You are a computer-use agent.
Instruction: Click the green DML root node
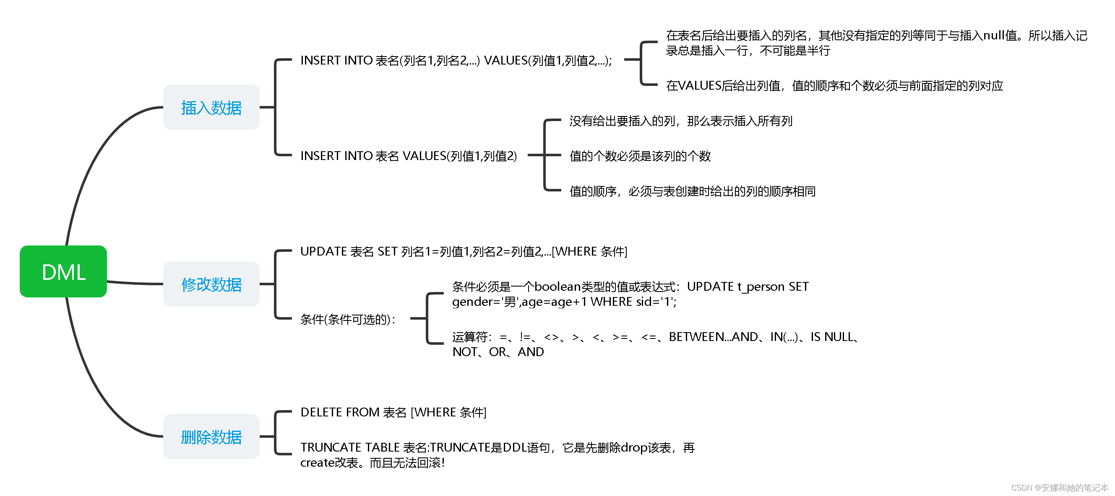(x=63, y=271)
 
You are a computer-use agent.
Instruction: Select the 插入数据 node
(x=211, y=107)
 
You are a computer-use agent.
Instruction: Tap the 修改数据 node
(x=211, y=284)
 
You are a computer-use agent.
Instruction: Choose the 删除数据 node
(x=211, y=437)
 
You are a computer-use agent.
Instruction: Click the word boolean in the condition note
(x=557, y=286)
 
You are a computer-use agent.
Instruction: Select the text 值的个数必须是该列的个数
(x=640, y=156)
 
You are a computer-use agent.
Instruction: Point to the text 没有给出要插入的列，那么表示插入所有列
(x=680, y=121)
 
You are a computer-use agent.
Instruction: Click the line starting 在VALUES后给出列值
(x=834, y=85)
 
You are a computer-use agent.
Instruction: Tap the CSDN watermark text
(x=1059, y=488)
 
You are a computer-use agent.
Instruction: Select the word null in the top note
(x=993, y=35)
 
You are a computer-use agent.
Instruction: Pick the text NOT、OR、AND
(x=498, y=351)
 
